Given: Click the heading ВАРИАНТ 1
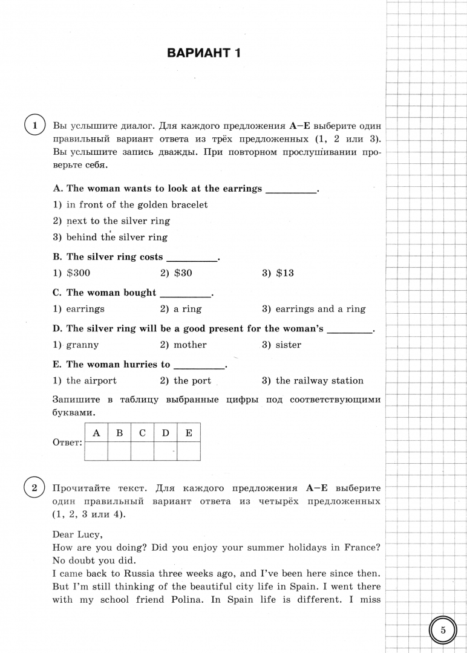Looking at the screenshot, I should [x=204, y=54].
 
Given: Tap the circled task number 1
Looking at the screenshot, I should [x=34, y=126].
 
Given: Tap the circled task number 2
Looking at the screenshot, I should [x=34, y=487].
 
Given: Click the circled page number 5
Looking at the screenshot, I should [x=442, y=630].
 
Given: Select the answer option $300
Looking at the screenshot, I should [x=78, y=273].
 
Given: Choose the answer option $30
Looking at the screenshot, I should [x=183, y=273].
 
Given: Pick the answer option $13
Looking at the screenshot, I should [x=284, y=273].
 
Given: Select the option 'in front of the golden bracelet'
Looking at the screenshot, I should [x=137, y=205].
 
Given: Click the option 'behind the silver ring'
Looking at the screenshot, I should [x=117, y=238].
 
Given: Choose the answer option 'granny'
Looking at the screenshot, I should [x=82, y=345].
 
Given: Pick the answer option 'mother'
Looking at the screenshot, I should [x=190, y=345].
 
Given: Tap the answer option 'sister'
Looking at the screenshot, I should [x=288, y=345].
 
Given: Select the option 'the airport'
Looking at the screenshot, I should [x=91, y=381].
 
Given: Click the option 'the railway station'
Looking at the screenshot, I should [x=319, y=381].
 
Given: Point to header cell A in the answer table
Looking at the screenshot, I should [x=96, y=433].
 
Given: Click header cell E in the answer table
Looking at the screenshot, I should [x=189, y=433].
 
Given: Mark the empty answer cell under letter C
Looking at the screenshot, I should [x=142, y=452].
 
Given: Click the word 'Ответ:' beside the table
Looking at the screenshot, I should [x=68, y=443].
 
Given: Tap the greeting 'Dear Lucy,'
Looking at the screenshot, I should [x=77, y=534].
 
